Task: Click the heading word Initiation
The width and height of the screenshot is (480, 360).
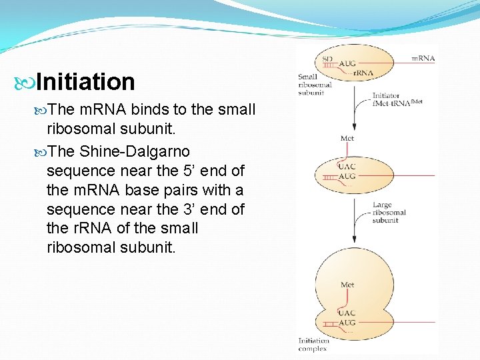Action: (86, 82)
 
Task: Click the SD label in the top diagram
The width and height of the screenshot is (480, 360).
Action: (327, 59)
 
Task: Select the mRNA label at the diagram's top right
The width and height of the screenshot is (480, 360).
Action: (423, 59)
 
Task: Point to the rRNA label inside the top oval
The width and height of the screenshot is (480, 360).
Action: (363, 73)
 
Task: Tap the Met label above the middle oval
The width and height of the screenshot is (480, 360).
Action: (347, 139)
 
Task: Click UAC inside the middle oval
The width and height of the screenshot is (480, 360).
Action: (347, 165)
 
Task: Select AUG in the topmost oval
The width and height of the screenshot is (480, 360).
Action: (347, 64)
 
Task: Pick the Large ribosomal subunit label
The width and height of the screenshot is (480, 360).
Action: (389, 213)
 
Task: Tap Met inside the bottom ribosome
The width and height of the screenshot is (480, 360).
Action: (347, 285)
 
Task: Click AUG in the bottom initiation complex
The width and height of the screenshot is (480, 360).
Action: (347, 323)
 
